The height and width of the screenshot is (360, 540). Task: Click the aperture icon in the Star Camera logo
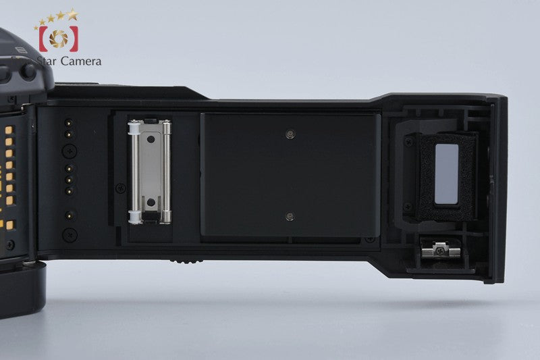pos(59,38)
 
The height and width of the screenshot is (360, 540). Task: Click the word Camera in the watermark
pos(80,61)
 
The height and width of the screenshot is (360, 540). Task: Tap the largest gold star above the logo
pos(72,14)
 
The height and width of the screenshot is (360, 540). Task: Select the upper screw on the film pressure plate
pos(291,134)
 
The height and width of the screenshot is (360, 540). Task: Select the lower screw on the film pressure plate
pos(290,216)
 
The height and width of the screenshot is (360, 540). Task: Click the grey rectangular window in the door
pos(447,174)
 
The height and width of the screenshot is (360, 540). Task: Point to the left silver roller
pos(134,172)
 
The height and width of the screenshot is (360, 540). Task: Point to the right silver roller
pos(167,172)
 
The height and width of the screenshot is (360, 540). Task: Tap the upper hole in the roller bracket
pos(151,140)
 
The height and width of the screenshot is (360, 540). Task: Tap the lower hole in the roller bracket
pos(151,202)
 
